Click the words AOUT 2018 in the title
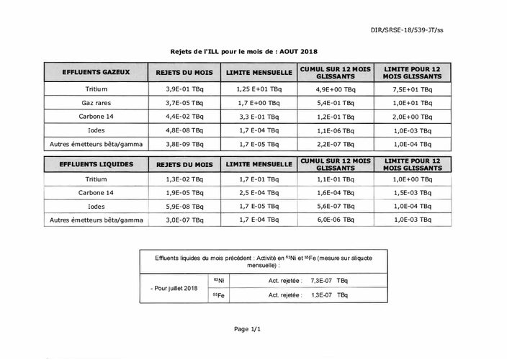[x=297, y=52]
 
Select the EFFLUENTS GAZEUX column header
[x=96, y=73]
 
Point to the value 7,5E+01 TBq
[x=413, y=89]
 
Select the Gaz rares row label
[x=96, y=103]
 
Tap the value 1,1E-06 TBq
[x=336, y=130]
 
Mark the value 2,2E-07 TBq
[x=336, y=144]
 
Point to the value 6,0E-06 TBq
[x=336, y=220]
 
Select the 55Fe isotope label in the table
[x=218, y=295]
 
